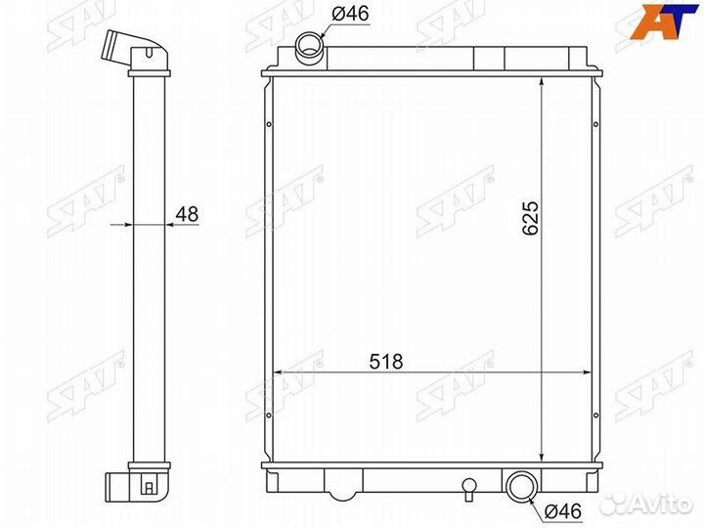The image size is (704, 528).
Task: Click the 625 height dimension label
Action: pyautogui.click(x=530, y=218)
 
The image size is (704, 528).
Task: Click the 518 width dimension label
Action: pyautogui.click(x=386, y=362)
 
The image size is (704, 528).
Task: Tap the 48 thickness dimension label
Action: pyautogui.click(x=187, y=214)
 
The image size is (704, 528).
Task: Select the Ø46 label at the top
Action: pyautogui.click(x=351, y=14)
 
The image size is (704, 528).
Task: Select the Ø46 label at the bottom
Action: pyautogui.click(x=562, y=511)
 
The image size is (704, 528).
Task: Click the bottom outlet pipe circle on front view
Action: pyautogui.click(x=522, y=486)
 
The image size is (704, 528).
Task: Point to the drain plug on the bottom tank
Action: pyautogui.click(x=468, y=489)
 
